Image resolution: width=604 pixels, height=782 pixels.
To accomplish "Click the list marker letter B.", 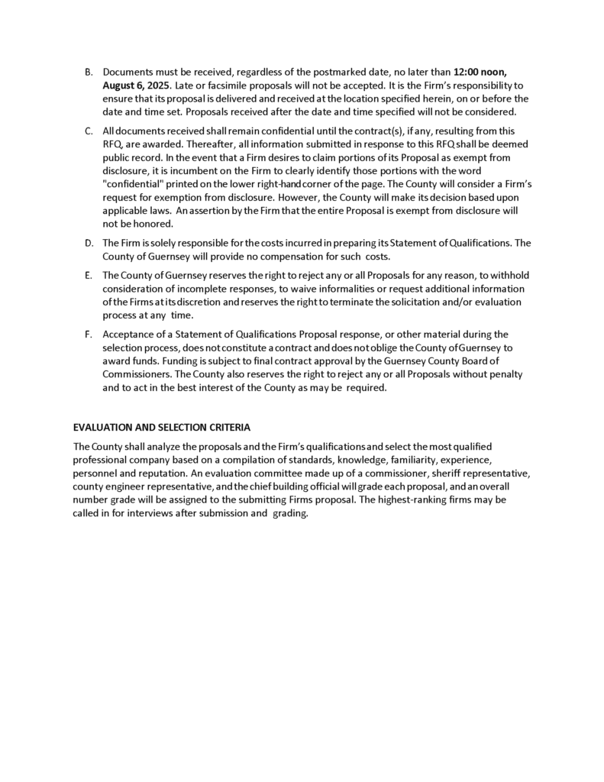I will pos(88,72).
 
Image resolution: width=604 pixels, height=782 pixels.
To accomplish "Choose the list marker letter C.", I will pos(88,131).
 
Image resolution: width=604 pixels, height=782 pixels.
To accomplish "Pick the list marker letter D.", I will pos(88,244).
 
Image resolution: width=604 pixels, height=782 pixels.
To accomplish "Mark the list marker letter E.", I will pos(88,276).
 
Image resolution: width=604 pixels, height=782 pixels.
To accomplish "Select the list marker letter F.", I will pos(88,334).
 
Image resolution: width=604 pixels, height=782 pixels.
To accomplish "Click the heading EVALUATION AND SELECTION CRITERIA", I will pos(162,427).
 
